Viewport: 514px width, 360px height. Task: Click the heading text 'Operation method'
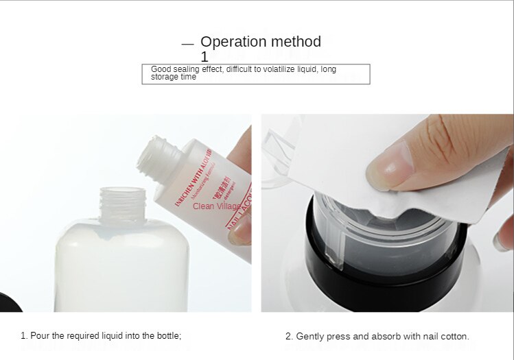(x=260, y=42)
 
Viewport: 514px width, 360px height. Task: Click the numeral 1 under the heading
(x=205, y=58)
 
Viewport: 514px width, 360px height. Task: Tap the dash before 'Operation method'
(x=187, y=44)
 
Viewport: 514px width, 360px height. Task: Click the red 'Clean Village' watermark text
(x=217, y=206)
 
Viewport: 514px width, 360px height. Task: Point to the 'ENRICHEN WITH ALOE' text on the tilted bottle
(x=198, y=171)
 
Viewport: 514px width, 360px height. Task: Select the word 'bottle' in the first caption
(x=168, y=336)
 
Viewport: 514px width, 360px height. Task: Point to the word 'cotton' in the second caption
(x=455, y=337)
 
